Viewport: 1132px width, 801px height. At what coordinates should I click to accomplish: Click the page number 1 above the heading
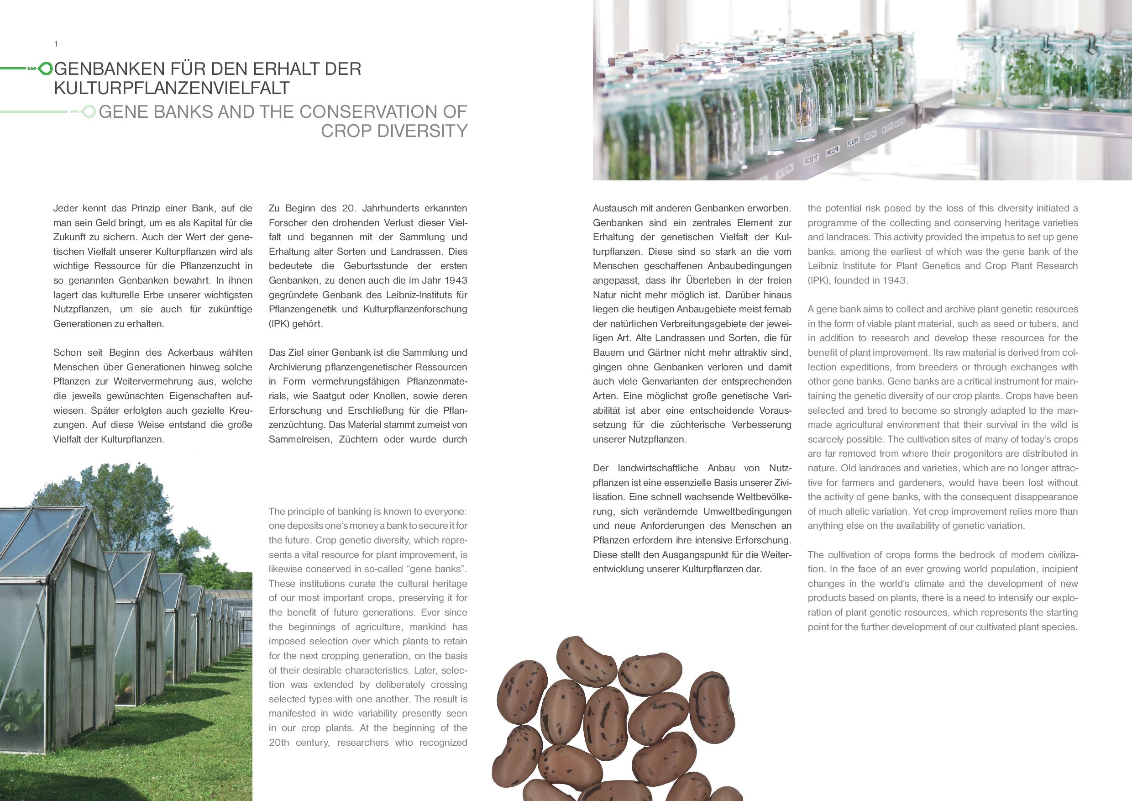tap(56, 44)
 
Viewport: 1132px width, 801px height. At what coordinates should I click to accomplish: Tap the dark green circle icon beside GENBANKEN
tap(45, 69)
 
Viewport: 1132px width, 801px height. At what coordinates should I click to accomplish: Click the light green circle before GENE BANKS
tap(89, 112)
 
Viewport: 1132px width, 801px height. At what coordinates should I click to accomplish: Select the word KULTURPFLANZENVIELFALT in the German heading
tap(172, 88)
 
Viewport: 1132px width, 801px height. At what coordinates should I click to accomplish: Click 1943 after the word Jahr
tap(456, 280)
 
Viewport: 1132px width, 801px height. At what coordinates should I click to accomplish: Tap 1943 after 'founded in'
tap(894, 280)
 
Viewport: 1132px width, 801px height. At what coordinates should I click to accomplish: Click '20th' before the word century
tap(279, 742)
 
